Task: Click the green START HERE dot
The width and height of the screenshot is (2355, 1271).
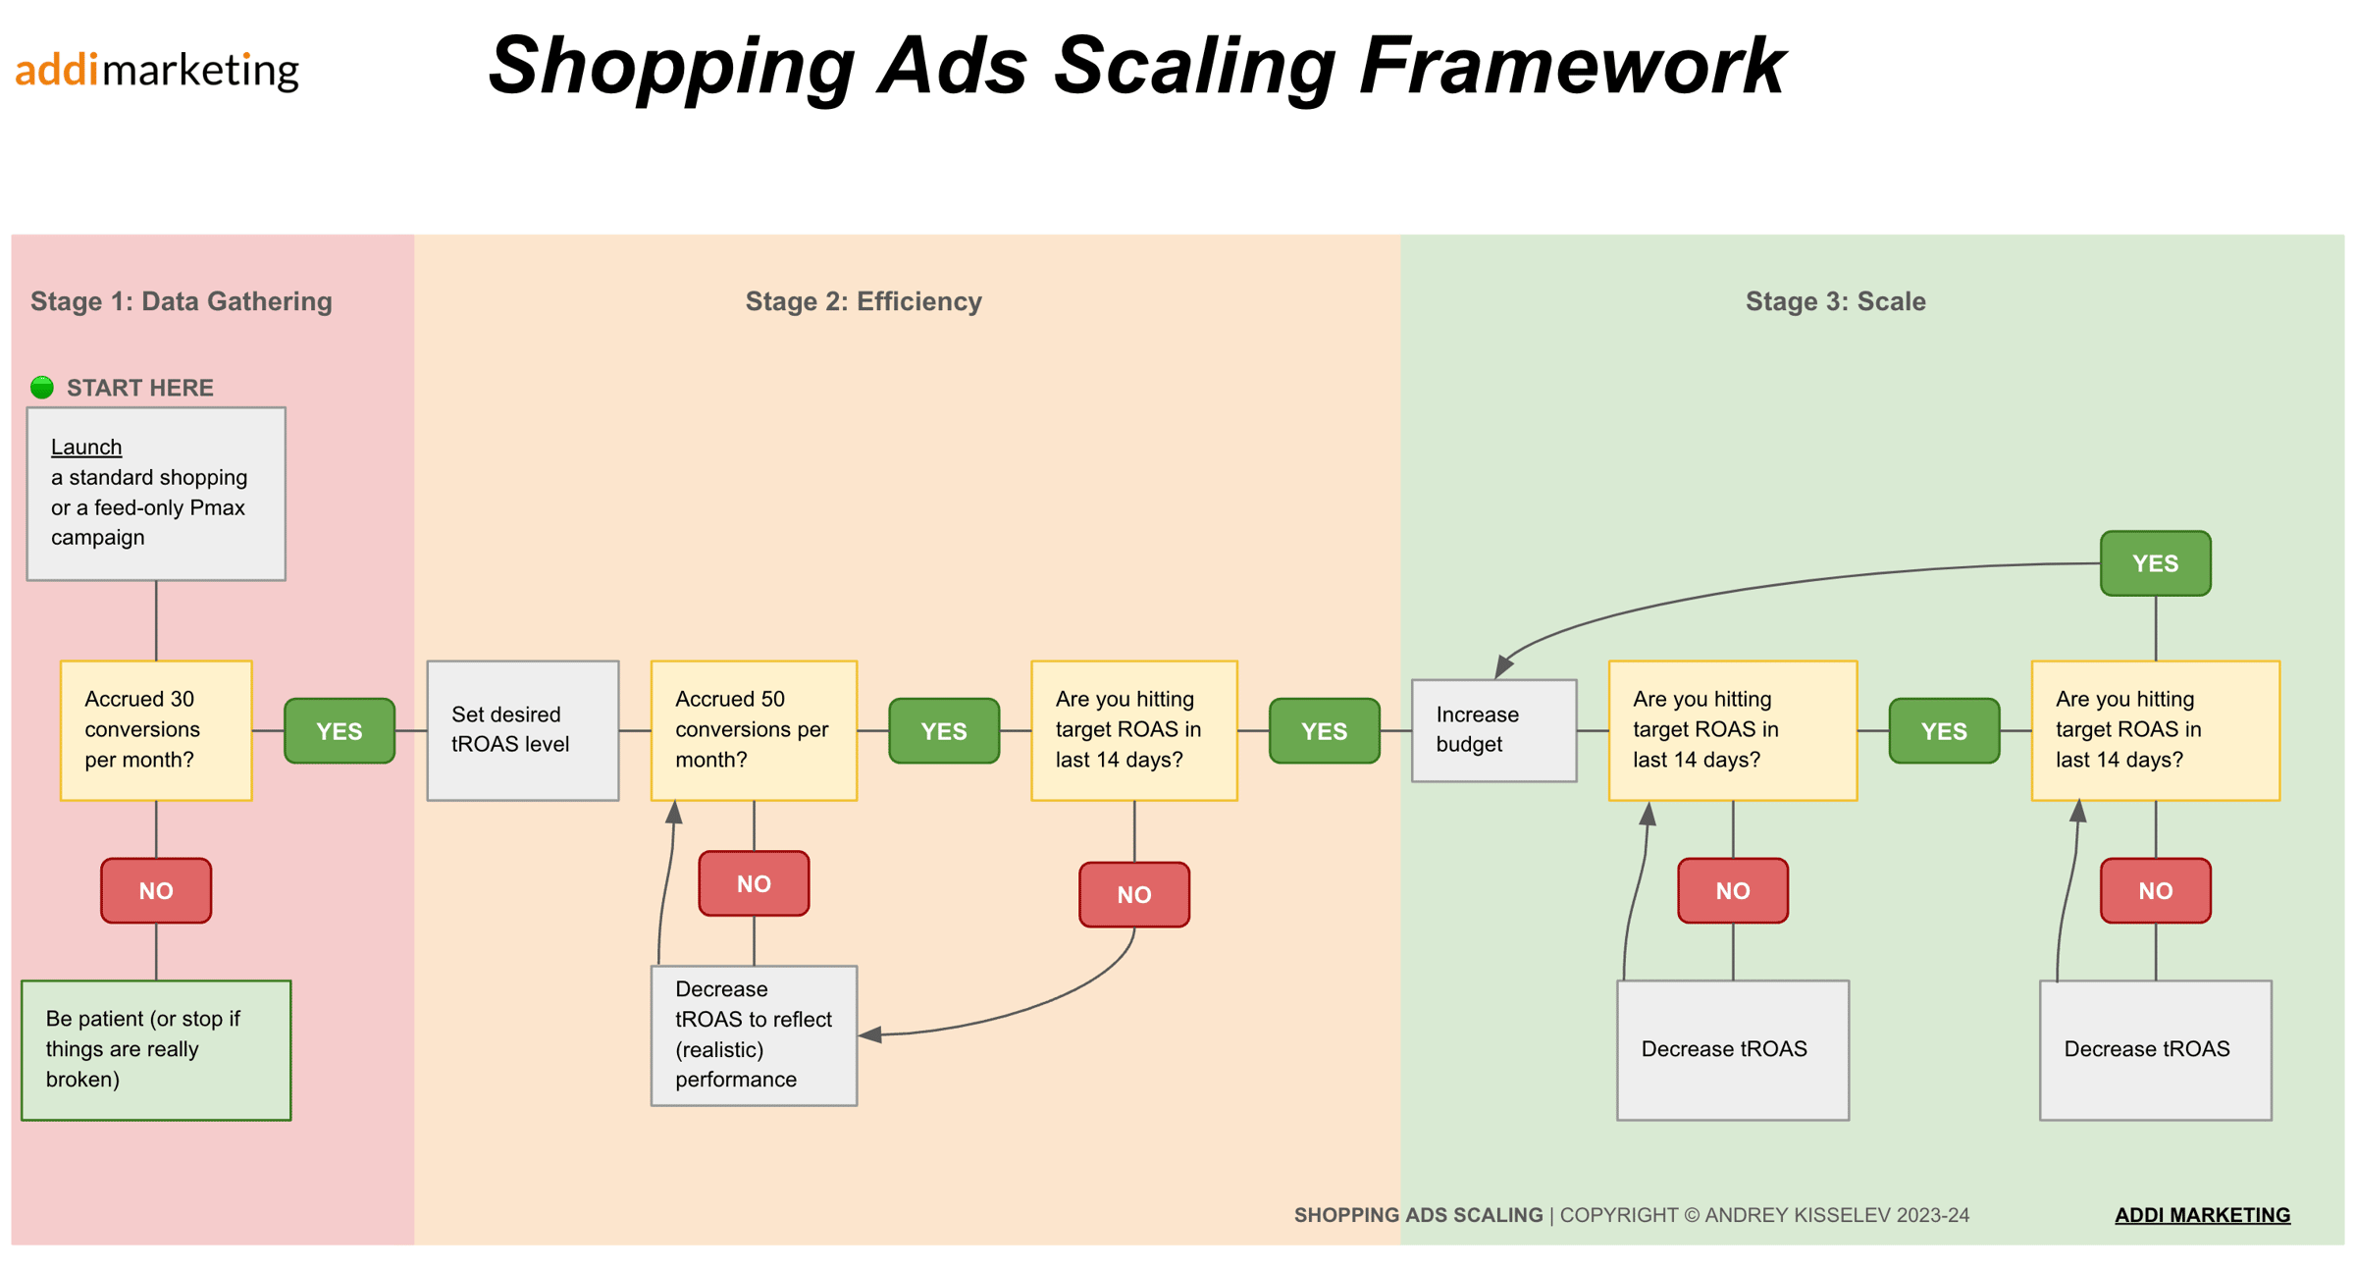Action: (x=41, y=387)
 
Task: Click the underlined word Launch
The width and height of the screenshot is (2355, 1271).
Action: (x=86, y=448)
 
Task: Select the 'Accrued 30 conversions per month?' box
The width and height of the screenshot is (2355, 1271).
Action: (x=156, y=730)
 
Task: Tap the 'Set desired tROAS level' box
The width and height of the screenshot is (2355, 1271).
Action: (x=522, y=730)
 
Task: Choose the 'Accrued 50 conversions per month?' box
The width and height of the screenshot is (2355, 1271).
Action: (x=753, y=730)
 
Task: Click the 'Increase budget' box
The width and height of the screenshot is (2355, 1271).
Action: (x=1492, y=730)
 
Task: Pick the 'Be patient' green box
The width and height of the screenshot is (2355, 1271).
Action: (x=156, y=1049)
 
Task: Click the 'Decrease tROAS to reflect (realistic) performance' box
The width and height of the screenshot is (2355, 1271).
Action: (x=753, y=1034)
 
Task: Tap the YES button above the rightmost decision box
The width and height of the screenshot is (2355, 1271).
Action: (x=2155, y=563)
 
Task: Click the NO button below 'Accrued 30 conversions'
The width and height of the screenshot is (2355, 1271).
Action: (x=156, y=890)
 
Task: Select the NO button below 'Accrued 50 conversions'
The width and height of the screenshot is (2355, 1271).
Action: (x=753, y=883)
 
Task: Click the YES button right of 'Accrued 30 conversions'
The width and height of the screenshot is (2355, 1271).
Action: (x=340, y=731)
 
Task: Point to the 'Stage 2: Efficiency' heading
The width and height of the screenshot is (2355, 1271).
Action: (x=863, y=301)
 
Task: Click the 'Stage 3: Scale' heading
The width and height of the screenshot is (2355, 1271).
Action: (x=1835, y=301)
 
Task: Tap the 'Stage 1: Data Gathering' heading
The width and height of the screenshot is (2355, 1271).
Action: (x=181, y=301)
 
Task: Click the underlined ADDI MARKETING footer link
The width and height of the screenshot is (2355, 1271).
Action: (x=2202, y=1215)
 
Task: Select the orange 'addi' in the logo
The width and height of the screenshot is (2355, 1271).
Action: (x=57, y=71)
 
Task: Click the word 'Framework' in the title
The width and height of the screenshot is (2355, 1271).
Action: (x=1571, y=67)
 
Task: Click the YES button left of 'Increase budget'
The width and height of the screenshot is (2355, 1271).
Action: (x=1324, y=731)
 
